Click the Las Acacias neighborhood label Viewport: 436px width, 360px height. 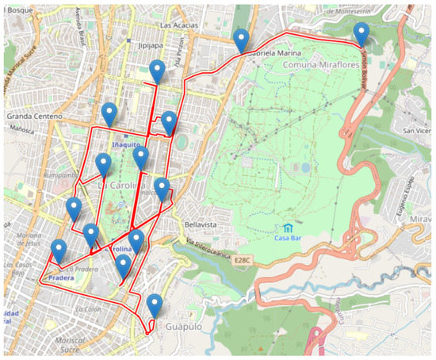coord(178,25)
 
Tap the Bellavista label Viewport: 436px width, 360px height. coord(200,224)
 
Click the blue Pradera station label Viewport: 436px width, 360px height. coord(61,279)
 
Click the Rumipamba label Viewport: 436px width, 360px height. coord(63,175)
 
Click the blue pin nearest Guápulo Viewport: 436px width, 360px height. coord(155,304)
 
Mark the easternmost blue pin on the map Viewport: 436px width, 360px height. coord(361,34)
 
